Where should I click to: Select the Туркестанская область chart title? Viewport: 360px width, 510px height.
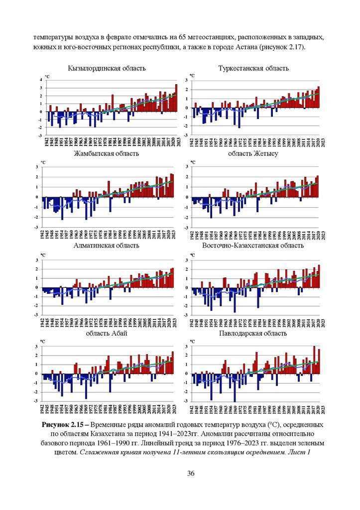tap(253, 68)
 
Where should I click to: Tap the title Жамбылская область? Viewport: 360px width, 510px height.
tap(106, 153)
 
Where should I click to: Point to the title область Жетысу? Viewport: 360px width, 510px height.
tap(253, 153)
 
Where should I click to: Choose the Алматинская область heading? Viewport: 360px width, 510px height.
tap(106, 246)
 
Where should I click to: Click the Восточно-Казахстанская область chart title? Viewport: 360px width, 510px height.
tap(253, 246)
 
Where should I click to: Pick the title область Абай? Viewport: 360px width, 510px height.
tap(107, 333)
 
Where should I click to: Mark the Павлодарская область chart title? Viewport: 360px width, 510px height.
tap(253, 333)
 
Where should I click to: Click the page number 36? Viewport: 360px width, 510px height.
tap(191, 473)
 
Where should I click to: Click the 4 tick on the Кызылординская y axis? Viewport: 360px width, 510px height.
tap(40, 80)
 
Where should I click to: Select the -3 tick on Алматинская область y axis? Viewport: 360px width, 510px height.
tap(40, 315)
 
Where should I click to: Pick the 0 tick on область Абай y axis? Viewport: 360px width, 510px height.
tap(40, 374)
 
